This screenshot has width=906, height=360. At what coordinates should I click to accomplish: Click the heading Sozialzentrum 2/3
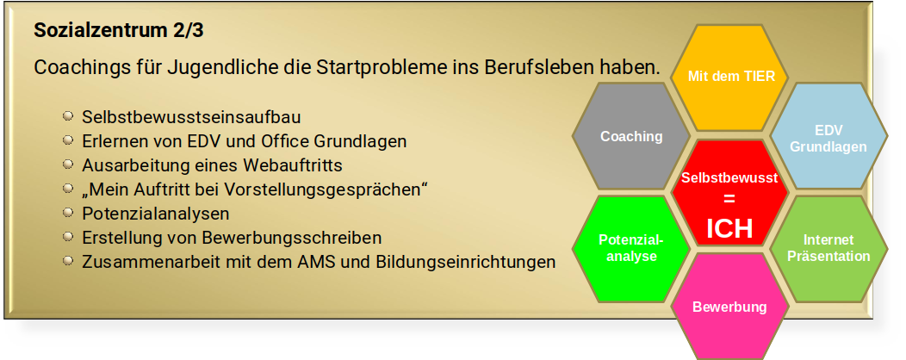[x=119, y=31]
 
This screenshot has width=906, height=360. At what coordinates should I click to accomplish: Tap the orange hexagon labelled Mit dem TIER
[x=730, y=78]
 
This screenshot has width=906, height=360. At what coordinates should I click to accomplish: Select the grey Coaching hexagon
[x=631, y=136]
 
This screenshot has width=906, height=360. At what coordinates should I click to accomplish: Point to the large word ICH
[x=729, y=229]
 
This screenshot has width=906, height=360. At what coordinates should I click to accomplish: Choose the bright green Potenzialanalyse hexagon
[x=631, y=249]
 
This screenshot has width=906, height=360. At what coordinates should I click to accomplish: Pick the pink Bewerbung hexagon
[x=729, y=307]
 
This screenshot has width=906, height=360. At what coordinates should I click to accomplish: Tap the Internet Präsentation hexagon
[x=828, y=249]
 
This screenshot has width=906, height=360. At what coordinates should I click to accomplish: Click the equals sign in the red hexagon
[x=729, y=199]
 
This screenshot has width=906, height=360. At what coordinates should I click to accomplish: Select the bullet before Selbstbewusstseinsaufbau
[x=68, y=116]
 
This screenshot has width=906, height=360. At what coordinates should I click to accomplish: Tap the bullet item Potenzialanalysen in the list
[x=155, y=214]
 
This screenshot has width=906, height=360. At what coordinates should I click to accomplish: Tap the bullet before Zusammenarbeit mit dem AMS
[x=68, y=261]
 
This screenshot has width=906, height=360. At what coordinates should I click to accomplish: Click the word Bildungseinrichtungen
[x=466, y=263]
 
